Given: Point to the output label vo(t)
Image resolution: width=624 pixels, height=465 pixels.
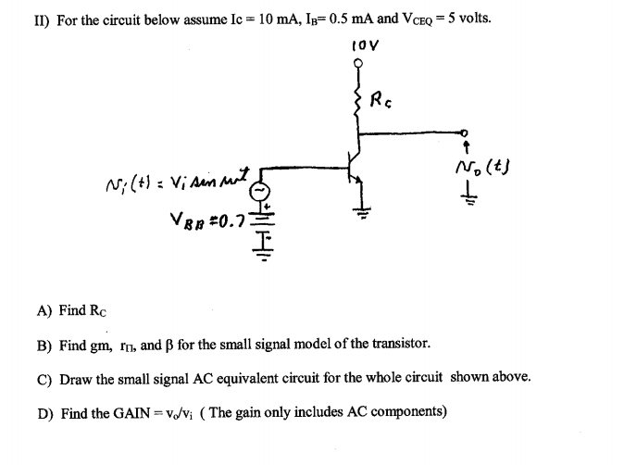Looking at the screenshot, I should [484, 169].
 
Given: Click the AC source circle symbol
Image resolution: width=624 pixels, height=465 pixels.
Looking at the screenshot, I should [262, 190].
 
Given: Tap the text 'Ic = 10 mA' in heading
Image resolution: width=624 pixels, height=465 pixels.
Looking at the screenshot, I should [228, 19].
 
